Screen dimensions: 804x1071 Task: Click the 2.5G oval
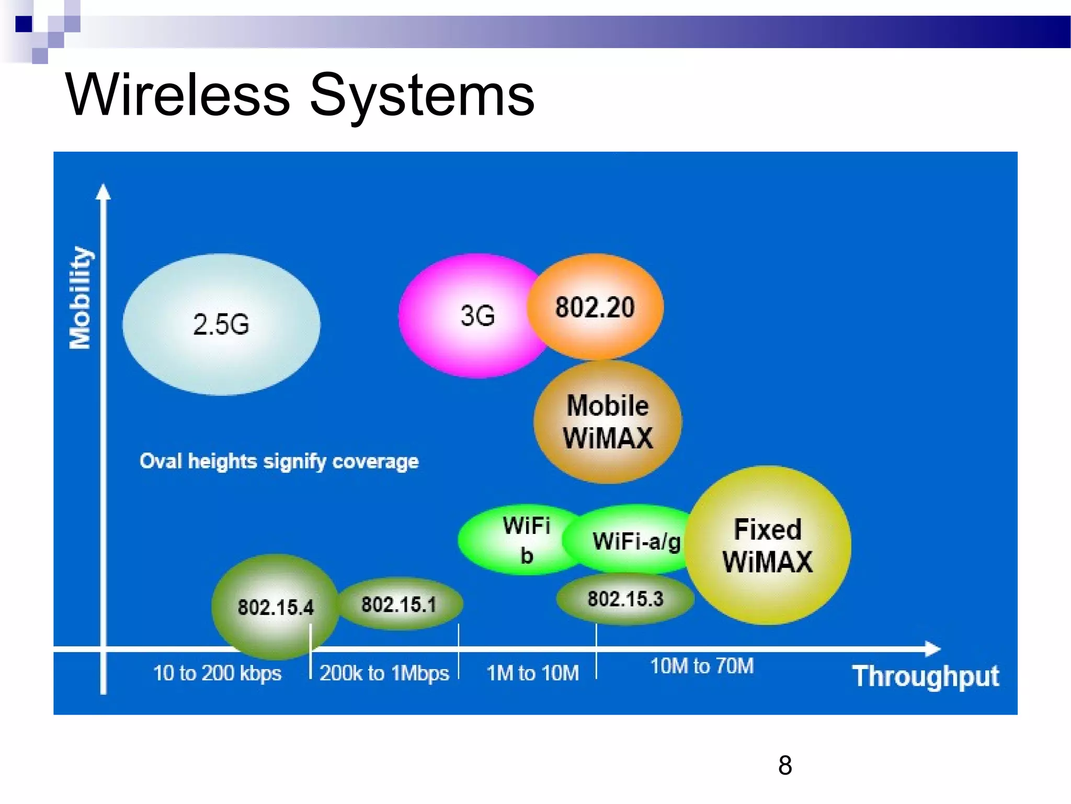[221, 324]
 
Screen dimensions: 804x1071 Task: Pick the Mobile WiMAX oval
[608, 422]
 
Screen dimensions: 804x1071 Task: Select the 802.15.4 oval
[275, 607]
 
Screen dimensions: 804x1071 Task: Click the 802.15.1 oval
[399, 604]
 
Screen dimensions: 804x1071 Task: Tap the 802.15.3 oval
[625, 599]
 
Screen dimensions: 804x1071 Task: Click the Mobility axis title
[81, 297]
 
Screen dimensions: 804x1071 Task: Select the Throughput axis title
[925, 676]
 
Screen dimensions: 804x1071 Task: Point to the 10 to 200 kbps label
[217, 673]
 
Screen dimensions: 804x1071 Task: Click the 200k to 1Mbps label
[384, 673]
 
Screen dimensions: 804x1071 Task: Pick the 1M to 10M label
[532, 673]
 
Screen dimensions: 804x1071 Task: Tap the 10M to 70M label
[702, 666]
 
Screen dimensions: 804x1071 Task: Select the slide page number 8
[784, 765]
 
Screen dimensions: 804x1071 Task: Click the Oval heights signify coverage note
[279, 461]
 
